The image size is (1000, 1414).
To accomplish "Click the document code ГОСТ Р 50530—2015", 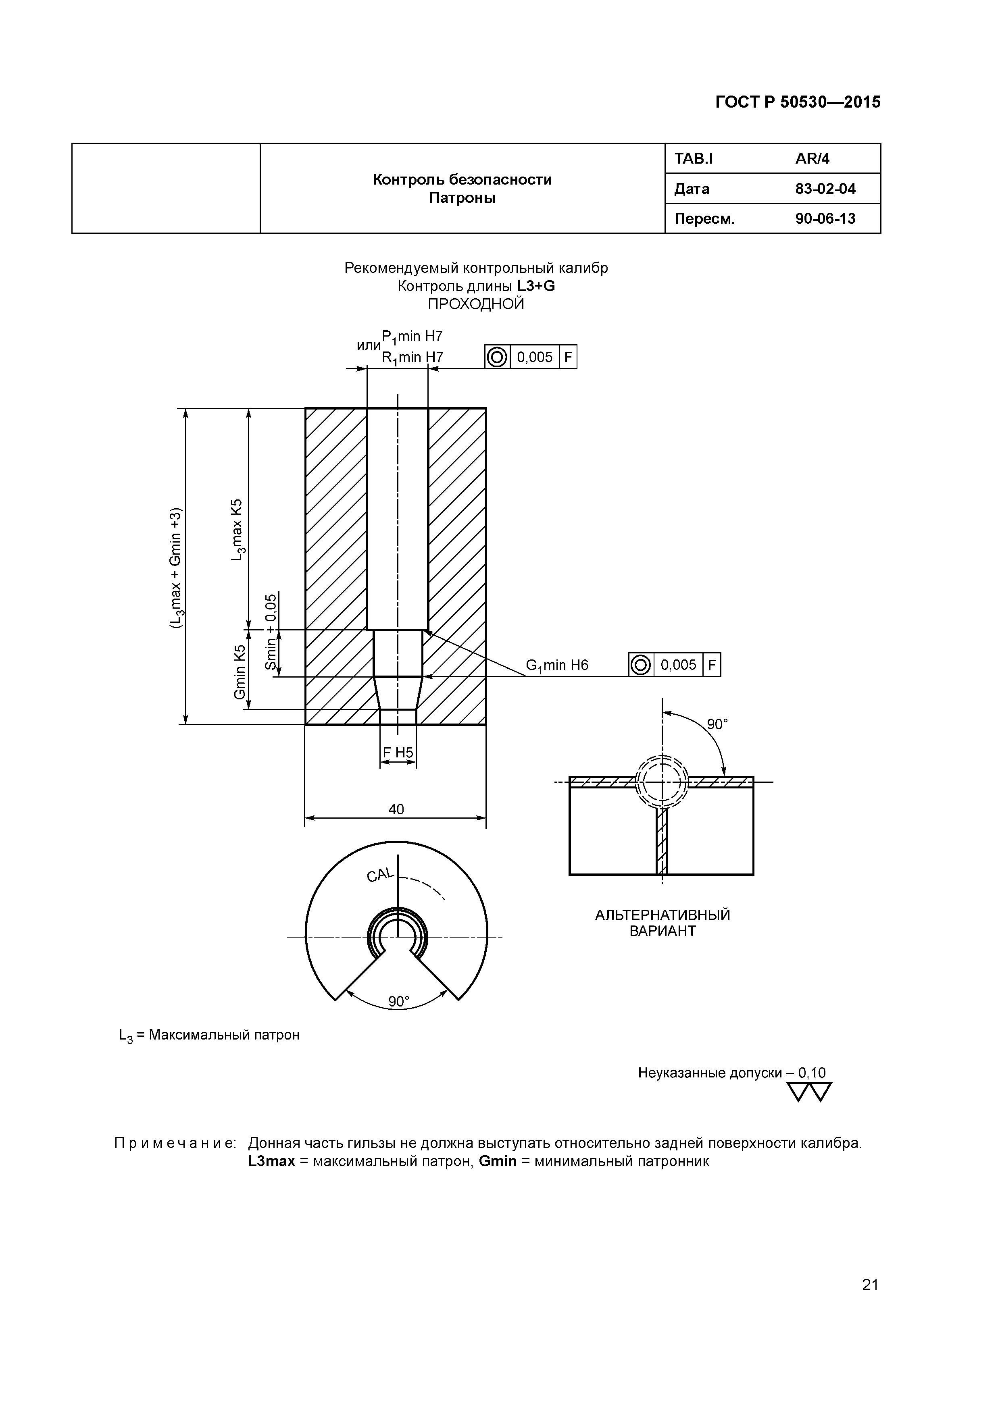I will [x=798, y=102].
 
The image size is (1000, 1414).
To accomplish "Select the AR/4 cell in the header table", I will [x=812, y=159].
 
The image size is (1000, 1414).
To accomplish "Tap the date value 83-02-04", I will [x=825, y=189].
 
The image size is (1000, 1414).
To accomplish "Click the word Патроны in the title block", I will [x=462, y=198].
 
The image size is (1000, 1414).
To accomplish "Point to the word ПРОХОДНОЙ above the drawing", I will [x=476, y=304].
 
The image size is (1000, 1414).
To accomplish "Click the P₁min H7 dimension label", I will [x=412, y=336].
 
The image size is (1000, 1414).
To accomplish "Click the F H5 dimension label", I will [x=398, y=753].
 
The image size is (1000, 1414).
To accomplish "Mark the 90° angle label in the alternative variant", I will [x=717, y=724].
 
